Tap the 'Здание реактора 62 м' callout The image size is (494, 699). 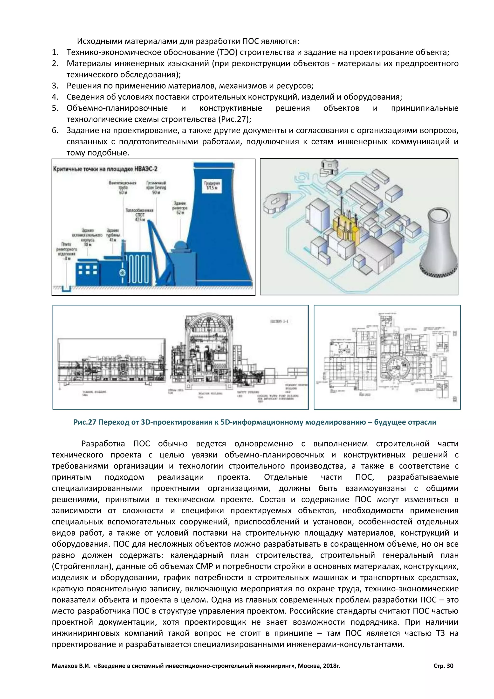tap(180, 207)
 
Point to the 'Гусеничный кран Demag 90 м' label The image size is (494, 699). tap(156, 188)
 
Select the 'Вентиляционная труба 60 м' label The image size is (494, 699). tap(123, 188)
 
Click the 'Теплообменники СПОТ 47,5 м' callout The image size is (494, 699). tap(140, 215)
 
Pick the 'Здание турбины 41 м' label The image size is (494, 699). tap(113, 235)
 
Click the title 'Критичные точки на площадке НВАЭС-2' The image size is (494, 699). tap(105, 169)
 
